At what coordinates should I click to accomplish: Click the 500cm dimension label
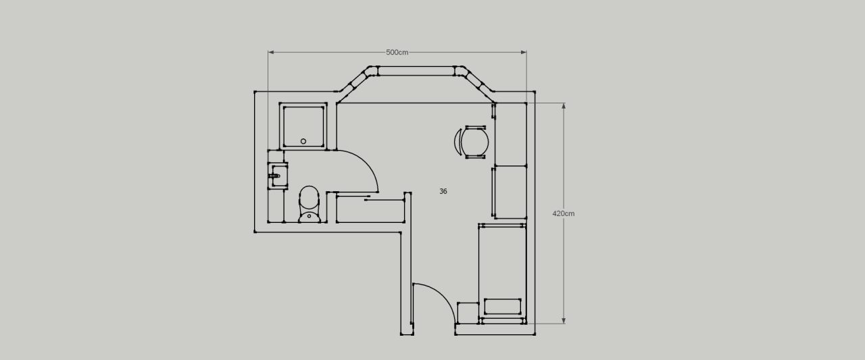click(x=397, y=53)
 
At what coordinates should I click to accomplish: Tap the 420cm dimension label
click(x=564, y=213)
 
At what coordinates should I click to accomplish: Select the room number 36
click(x=443, y=191)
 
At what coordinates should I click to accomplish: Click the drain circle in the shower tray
click(x=303, y=141)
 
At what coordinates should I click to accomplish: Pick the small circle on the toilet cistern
click(x=309, y=216)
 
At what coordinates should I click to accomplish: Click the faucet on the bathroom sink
click(x=274, y=176)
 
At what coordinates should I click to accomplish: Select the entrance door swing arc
click(x=443, y=297)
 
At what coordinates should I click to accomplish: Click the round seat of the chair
click(x=475, y=142)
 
